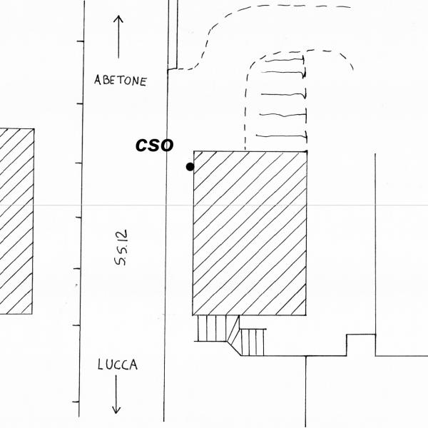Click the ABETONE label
(120, 81)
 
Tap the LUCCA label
(118, 365)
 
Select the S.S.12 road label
(122, 252)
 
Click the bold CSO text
(155, 146)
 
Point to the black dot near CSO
(190, 167)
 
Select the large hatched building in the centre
(250, 233)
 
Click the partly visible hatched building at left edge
(16, 221)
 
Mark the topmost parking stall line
(285, 61)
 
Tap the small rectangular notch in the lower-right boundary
(361, 344)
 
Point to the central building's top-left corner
(194, 151)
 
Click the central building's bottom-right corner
(307, 315)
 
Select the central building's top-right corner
(307, 151)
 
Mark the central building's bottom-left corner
(193, 315)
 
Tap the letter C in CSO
(143, 146)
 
